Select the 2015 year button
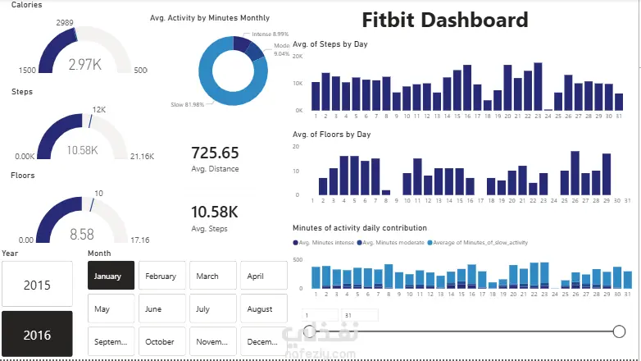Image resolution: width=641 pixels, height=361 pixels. point(37,286)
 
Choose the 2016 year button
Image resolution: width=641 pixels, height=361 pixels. point(37,335)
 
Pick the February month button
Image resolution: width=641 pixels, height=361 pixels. point(161,276)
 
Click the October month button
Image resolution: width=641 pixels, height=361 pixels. point(161,341)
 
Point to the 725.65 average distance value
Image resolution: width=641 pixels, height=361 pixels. point(215,153)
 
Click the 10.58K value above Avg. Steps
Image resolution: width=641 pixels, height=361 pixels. point(214,212)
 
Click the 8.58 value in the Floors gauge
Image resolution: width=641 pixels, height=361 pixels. point(82,234)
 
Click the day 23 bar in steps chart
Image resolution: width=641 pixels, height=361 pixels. point(539,86)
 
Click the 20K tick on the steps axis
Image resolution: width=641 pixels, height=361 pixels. point(298,57)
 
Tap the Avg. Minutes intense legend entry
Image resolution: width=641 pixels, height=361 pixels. point(324,243)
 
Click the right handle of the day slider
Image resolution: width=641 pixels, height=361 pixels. point(620,331)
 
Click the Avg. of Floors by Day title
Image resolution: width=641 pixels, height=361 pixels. point(332,134)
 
